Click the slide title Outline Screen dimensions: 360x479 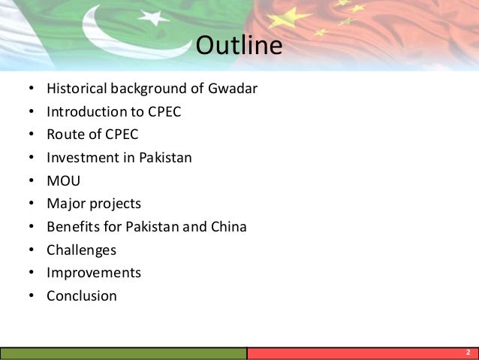coord(239,46)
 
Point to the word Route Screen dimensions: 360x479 coord(65,135)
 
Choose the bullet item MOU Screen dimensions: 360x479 coord(63,181)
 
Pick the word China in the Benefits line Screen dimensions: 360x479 coord(227,227)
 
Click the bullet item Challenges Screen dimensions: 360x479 coord(81,250)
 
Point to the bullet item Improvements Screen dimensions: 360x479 coord(93,273)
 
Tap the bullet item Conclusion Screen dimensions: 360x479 coord(82,296)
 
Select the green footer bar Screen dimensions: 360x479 coord(124,353)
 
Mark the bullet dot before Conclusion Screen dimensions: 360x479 coord(30,296)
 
